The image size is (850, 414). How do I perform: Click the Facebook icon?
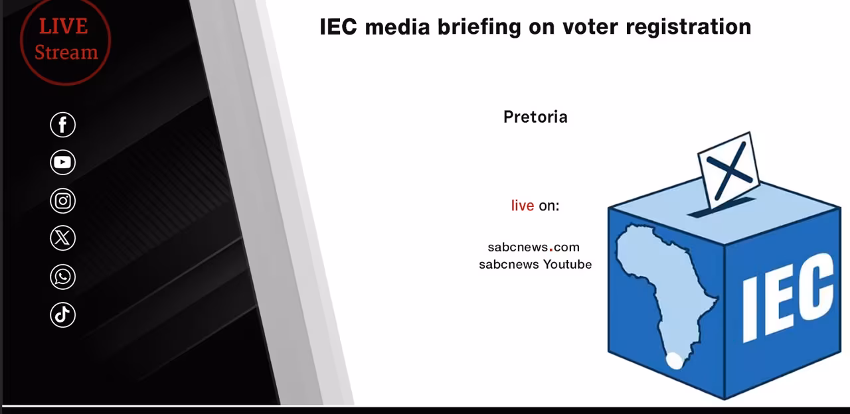(x=62, y=125)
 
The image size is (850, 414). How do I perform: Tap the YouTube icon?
(x=62, y=163)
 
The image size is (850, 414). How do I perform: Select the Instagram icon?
(x=62, y=200)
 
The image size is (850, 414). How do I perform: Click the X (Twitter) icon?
(x=62, y=238)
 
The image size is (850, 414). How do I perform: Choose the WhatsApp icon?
(x=62, y=277)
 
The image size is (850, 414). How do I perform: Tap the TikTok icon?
(x=62, y=314)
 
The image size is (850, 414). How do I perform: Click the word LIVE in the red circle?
(x=63, y=27)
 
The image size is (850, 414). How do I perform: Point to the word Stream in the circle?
(x=66, y=52)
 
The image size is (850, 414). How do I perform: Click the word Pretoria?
(x=535, y=117)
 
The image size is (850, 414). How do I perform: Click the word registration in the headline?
(x=689, y=27)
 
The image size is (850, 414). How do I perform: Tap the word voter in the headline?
(x=590, y=27)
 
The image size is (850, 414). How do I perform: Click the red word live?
(x=522, y=206)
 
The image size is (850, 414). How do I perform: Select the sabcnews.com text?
(x=533, y=247)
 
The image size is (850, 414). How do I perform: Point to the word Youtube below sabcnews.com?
(x=567, y=264)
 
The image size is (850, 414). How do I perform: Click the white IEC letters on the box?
(x=788, y=298)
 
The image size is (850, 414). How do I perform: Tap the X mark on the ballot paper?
(x=729, y=171)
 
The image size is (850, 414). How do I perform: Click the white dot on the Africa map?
(x=674, y=360)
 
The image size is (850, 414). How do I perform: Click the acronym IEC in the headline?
(x=338, y=27)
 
